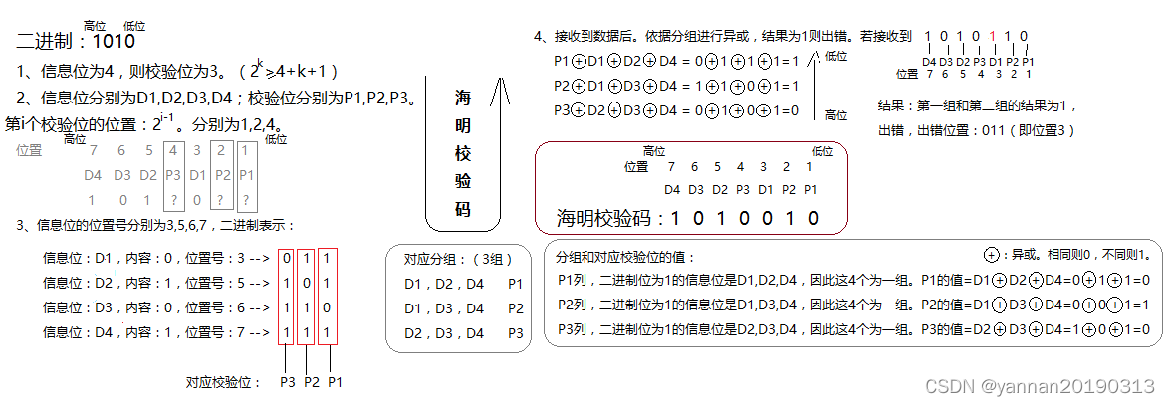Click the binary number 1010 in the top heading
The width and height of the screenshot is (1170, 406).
(113, 42)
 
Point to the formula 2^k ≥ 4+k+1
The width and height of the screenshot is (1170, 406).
(288, 71)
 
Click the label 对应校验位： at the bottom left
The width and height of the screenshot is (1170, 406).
(223, 380)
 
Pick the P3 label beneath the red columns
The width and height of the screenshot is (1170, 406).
(287, 380)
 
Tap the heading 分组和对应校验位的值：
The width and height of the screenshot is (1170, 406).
(627, 257)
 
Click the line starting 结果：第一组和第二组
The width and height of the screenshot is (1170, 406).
(976, 105)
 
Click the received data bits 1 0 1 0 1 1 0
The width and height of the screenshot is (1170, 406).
(976, 37)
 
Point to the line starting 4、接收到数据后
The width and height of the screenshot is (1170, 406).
(722, 37)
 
